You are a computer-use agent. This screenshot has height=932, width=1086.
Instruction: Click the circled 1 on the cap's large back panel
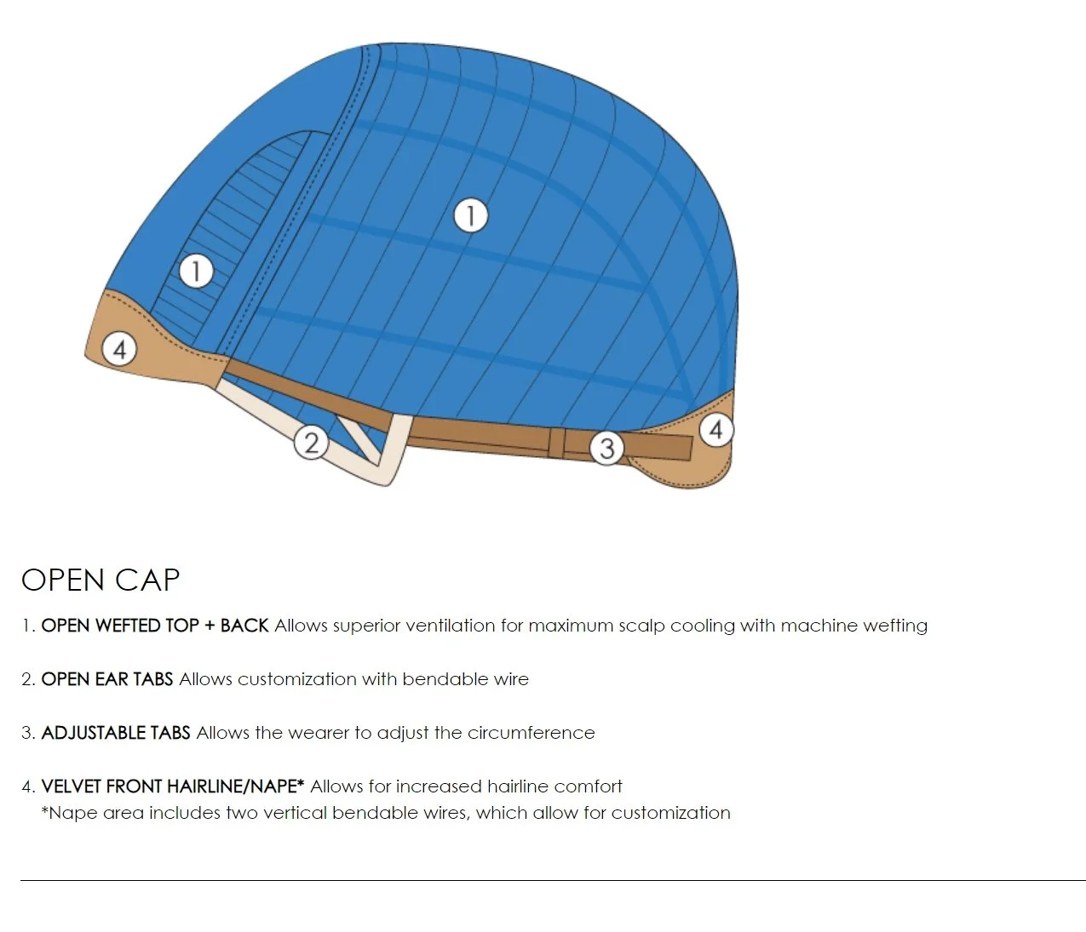click(x=470, y=215)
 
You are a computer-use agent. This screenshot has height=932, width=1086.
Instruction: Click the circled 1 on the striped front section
click(x=196, y=272)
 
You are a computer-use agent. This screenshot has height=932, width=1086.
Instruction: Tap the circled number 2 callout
click(x=311, y=443)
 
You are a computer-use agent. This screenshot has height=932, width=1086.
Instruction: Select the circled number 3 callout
click(x=606, y=448)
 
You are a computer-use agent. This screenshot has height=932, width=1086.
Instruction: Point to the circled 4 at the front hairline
click(x=119, y=349)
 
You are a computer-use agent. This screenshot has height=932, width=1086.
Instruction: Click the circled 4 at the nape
click(x=715, y=430)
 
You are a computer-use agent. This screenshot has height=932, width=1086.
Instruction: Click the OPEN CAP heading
click(x=101, y=580)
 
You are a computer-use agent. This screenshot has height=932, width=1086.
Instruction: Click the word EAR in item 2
click(x=112, y=679)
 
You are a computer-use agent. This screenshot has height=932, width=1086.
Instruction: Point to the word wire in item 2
click(x=511, y=679)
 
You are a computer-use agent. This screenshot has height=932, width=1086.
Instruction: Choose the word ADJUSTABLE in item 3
click(x=93, y=733)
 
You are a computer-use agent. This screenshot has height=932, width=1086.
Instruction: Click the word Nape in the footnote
click(x=72, y=813)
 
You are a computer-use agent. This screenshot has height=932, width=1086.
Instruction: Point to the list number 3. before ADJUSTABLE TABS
click(x=28, y=733)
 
